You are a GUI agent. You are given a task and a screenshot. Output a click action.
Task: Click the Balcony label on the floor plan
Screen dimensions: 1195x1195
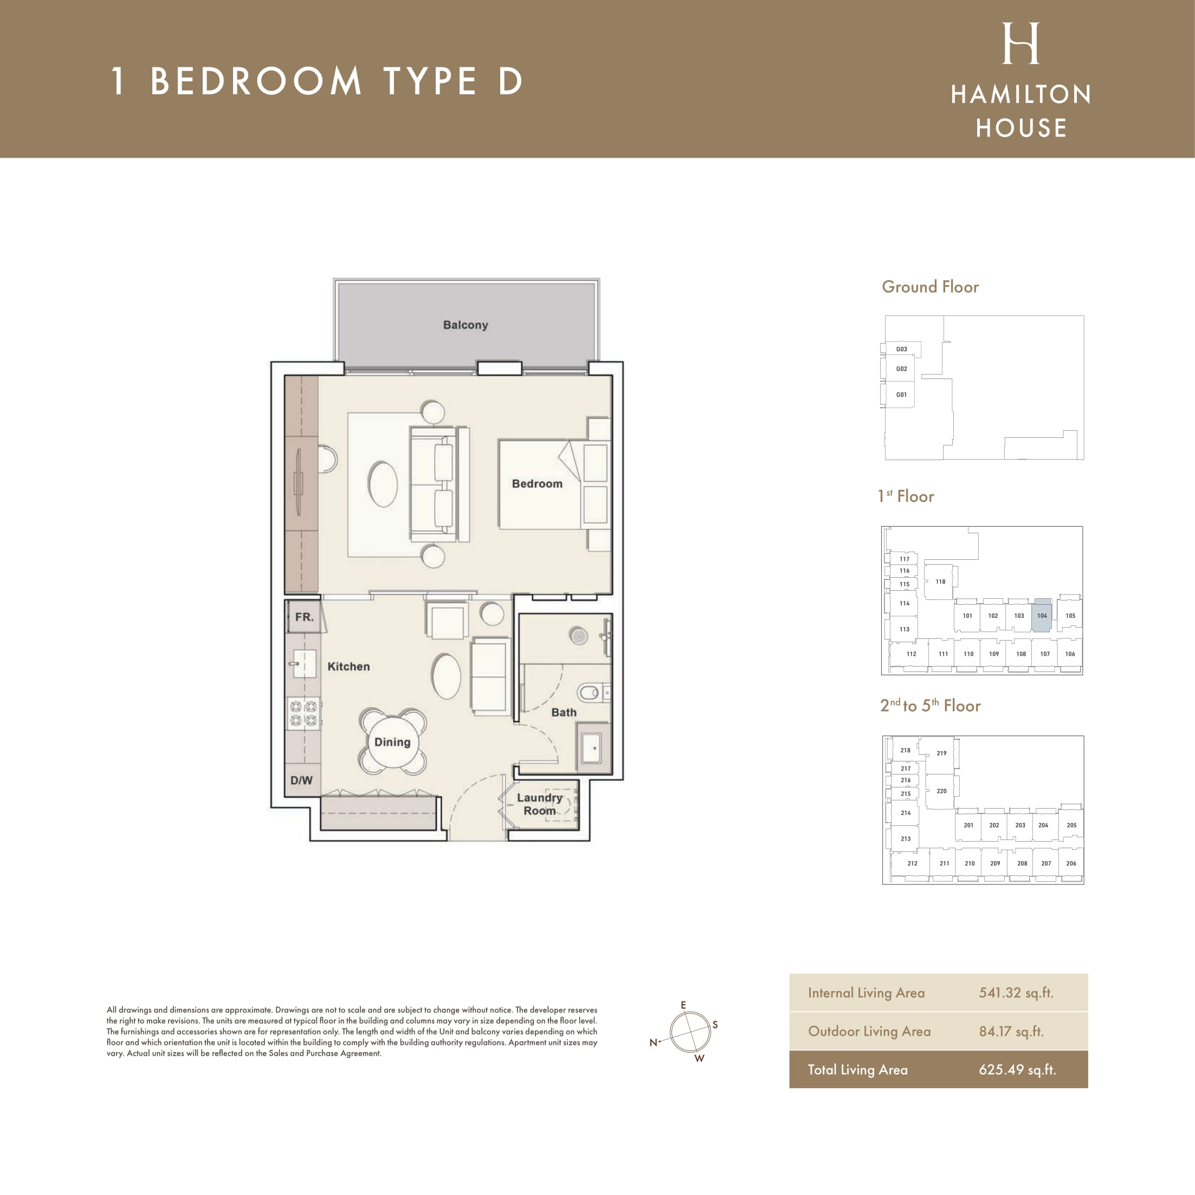tap(465, 325)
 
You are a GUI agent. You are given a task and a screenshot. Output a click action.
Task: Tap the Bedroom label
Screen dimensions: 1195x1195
tap(537, 483)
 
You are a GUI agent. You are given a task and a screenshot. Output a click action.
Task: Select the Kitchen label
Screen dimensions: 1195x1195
tap(348, 666)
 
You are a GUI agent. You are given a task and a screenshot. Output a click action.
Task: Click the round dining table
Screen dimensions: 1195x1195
tap(392, 741)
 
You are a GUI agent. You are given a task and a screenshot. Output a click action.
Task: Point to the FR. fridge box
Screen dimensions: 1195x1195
tap(303, 617)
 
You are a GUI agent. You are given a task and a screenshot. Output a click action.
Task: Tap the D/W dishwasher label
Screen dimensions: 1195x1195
tap(301, 780)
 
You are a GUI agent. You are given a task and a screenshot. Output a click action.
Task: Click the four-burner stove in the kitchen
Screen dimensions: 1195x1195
tap(303, 713)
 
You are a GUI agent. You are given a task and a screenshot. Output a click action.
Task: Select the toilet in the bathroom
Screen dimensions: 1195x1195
tap(593, 692)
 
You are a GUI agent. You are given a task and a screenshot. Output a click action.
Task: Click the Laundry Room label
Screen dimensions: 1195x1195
tap(539, 804)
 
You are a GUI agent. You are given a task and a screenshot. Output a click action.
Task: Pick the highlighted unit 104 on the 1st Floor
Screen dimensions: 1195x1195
tap(1042, 616)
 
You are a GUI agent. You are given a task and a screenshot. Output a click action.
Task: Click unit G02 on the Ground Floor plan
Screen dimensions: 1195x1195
tap(901, 369)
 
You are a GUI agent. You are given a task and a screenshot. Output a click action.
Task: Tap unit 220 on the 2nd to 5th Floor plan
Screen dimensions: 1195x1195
tap(941, 791)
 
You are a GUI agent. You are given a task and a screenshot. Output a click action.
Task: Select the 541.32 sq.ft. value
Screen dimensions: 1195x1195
tap(1016, 993)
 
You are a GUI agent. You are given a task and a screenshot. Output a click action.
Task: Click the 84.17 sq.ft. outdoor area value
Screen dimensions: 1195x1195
tap(1011, 1031)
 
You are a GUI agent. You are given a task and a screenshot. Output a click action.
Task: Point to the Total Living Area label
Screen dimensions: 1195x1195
tap(857, 1069)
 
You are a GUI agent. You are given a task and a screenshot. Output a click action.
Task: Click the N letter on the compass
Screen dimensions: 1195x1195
tap(653, 1042)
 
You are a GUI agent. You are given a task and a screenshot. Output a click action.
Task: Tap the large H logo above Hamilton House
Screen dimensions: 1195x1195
tap(1020, 43)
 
